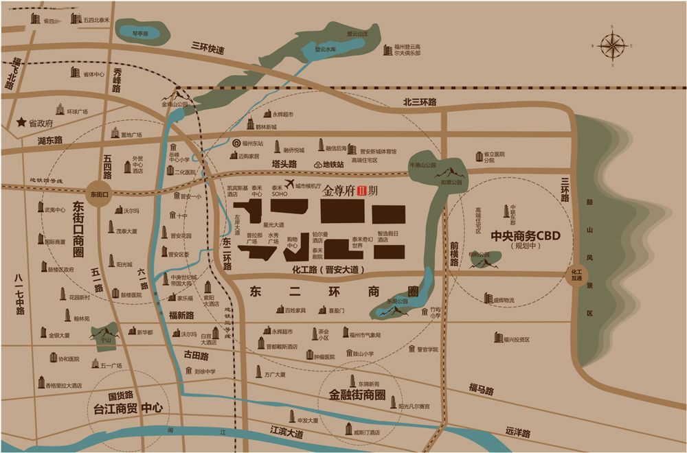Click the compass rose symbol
coord(611,45)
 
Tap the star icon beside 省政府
coord(22,122)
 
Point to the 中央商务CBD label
coord(526,235)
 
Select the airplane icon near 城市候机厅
coord(290,183)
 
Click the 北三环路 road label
coord(420,102)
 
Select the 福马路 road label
coord(482,390)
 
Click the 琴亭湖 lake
coord(140,32)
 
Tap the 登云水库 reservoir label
coord(325,49)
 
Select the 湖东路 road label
coord(50,140)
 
